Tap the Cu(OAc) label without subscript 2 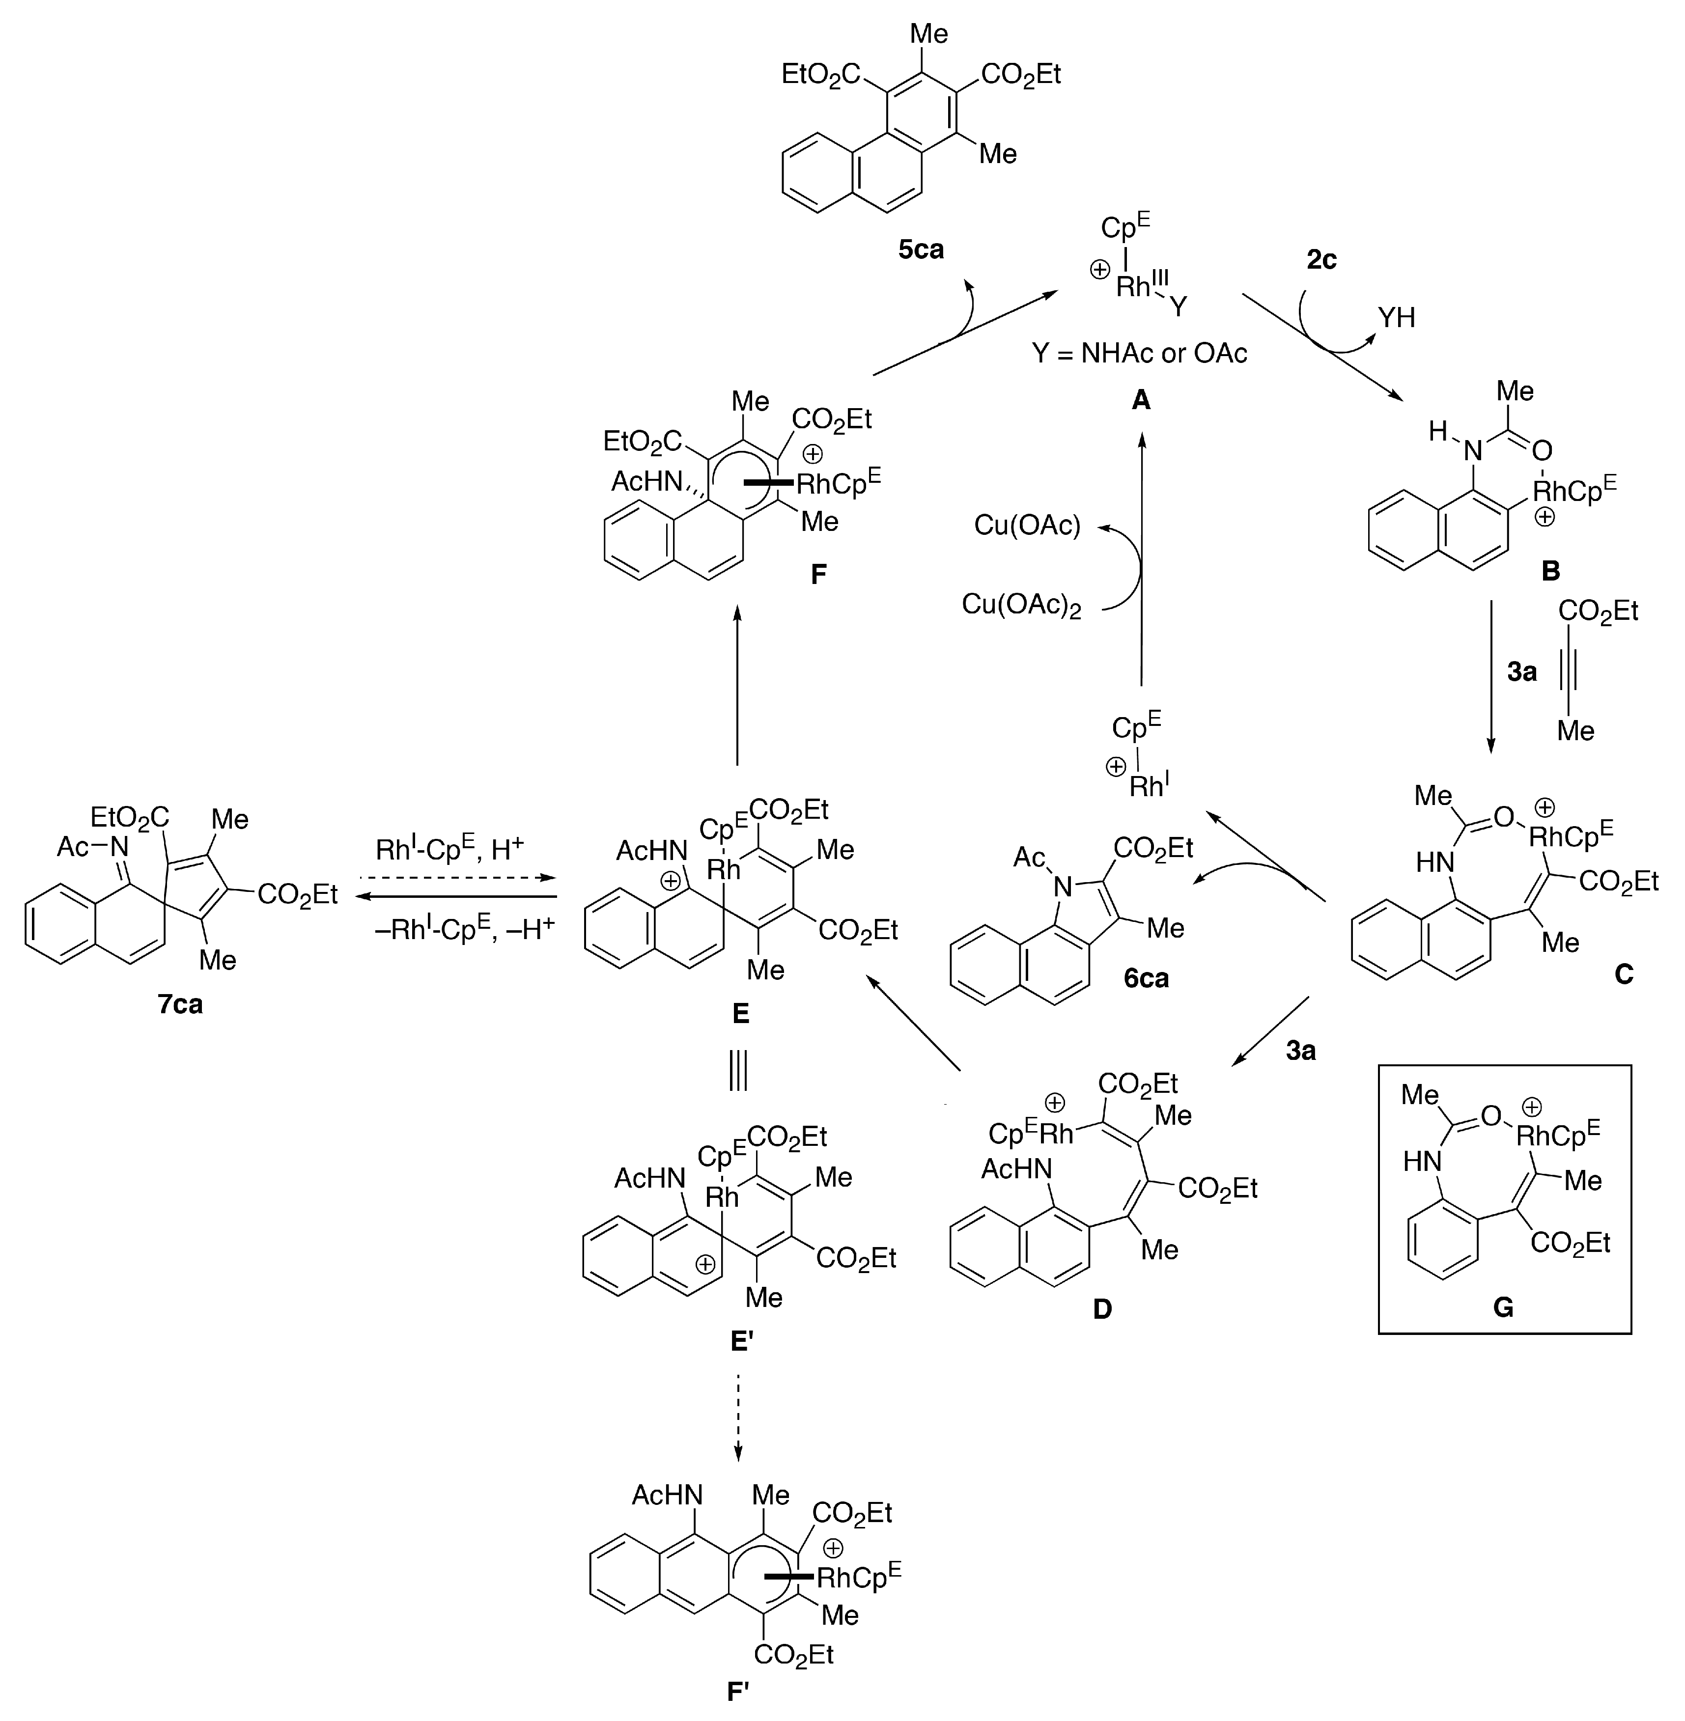(1027, 526)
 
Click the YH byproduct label (1397, 318)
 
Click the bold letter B (1550, 571)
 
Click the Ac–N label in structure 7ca (93, 847)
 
